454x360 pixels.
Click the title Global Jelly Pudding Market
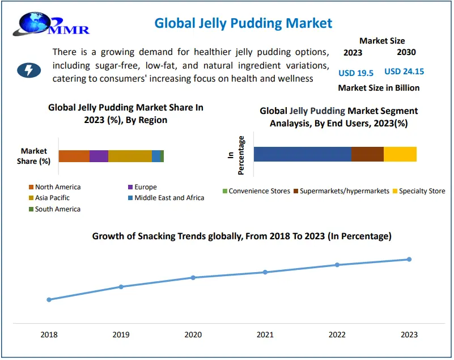point(243,23)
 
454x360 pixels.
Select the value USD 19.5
point(355,73)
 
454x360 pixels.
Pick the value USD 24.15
point(404,71)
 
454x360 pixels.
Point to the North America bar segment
point(74,156)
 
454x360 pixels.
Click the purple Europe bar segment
point(99,156)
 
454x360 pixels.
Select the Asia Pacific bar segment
point(130,156)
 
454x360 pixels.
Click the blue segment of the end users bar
point(302,154)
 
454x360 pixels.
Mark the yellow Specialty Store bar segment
point(400,154)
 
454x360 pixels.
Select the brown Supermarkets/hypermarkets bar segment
point(367,154)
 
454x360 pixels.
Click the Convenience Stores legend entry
point(256,191)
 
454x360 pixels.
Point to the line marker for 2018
point(49,299)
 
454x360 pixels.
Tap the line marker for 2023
point(409,260)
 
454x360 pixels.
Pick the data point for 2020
point(193,278)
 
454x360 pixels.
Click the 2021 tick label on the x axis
point(265,335)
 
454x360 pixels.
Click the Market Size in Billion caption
point(379,88)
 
